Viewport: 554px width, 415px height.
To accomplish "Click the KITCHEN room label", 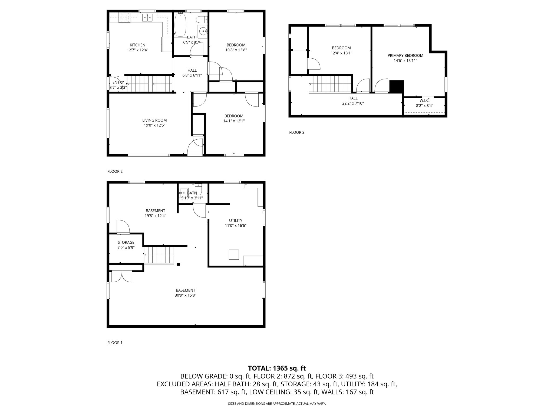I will click(x=137, y=45).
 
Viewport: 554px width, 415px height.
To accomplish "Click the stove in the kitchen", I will click(x=124, y=18).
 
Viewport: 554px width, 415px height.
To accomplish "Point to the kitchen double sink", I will click(x=147, y=18).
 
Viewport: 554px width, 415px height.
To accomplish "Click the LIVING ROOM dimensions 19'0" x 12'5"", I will click(x=154, y=125).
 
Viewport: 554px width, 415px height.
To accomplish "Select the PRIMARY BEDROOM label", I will click(x=405, y=56).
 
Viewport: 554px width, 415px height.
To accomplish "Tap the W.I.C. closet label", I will click(x=424, y=101).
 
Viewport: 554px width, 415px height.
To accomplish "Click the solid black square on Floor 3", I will click(x=396, y=87).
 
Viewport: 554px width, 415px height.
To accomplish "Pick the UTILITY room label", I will click(x=235, y=220).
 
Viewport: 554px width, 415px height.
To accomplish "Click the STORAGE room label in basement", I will click(x=126, y=242).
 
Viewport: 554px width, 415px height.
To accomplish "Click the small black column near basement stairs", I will click(x=178, y=265).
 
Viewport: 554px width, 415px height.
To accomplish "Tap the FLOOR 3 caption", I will click(x=297, y=132).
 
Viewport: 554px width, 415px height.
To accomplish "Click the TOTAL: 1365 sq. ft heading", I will click(x=277, y=368).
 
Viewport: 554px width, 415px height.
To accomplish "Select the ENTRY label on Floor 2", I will click(x=118, y=82).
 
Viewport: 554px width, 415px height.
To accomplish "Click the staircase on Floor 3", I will click(x=330, y=84).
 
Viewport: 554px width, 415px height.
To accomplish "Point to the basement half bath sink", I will click(x=183, y=193).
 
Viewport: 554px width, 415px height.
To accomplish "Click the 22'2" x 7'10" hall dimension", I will click(x=353, y=103).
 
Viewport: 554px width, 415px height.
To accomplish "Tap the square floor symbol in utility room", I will click(x=234, y=255).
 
